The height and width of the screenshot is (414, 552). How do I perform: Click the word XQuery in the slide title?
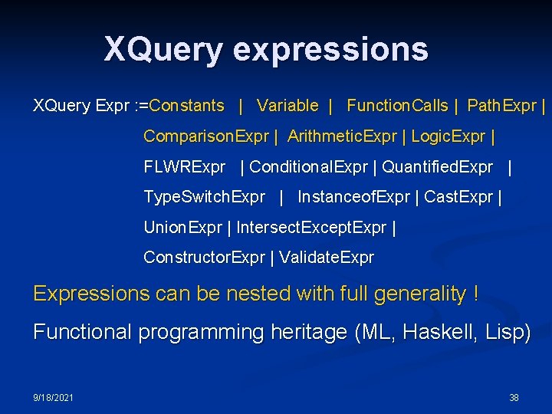[x=163, y=49]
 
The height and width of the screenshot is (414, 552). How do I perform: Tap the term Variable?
[x=287, y=106]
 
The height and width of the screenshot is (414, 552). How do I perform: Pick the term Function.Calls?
[x=397, y=106]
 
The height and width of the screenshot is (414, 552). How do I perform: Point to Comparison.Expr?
[x=206, y=136]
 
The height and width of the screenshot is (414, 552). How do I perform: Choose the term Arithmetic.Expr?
[x=342, y=136]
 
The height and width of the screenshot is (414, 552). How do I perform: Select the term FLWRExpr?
[x=185, y=166]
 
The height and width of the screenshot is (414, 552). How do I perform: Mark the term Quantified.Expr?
[x=437, y=166]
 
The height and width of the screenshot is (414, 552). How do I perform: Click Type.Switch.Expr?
[x=204, y=197]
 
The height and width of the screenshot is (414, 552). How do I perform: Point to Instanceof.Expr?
[x=353, y=197]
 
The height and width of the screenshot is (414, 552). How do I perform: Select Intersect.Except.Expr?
[x=311, y=228]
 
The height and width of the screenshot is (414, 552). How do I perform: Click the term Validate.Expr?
[x=327, y=258]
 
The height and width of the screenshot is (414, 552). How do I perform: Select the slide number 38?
[x=514, y=397]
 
